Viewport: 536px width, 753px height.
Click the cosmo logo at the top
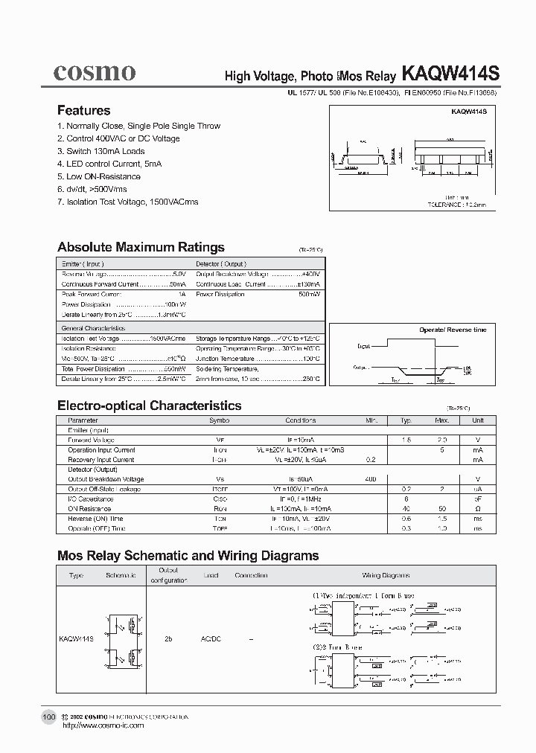click(94, 72)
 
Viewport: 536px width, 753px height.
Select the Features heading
click(83, 110)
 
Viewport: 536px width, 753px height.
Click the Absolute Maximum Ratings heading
click(141, 247)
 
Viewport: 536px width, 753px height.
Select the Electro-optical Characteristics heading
click(149, 406)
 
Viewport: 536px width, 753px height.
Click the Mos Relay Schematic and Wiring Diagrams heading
click(188, 555)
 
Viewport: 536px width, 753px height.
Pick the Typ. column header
click(406, 420)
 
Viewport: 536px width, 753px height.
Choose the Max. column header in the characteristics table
click(441, 420)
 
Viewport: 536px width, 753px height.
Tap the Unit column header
click(477, 420)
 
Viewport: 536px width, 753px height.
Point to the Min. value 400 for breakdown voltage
click(371, 479)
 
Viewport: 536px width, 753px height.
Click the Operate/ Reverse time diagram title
click(452, 329)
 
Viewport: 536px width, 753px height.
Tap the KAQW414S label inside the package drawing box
click(468, 112)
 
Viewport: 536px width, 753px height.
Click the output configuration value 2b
click(168, 638)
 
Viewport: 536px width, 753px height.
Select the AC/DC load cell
click(211, 638)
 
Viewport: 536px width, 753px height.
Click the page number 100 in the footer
click(48, 717)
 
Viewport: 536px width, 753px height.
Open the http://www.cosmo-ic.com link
click(103, 725)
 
